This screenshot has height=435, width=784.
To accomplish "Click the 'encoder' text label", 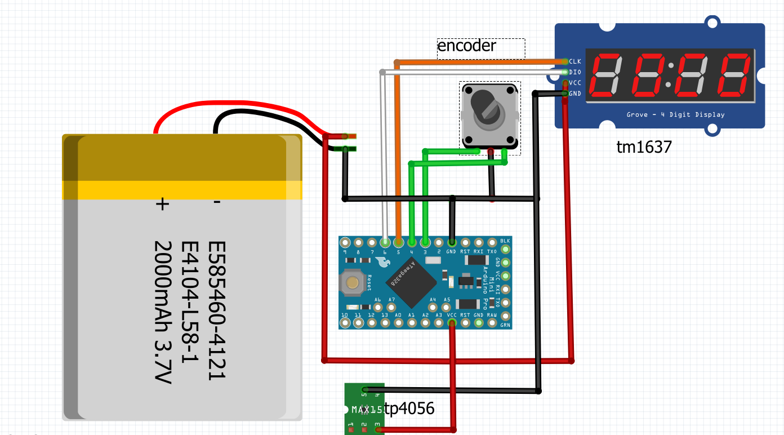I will click(x=467, y=46).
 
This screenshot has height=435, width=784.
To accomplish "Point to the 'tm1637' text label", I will click(x=644, y=148).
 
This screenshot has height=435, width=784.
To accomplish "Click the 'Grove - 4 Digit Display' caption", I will click(x=675, y=115).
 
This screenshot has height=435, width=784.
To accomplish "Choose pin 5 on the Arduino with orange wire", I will click(x=398, y=243).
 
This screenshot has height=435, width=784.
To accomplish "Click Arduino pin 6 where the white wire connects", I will click(x=385, y=243).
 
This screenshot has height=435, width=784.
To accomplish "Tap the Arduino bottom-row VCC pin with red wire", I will click(x=452, y=323).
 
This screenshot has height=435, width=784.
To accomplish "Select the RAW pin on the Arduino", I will click(x=492, y=323).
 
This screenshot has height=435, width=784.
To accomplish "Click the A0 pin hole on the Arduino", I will click(x=398, y=323).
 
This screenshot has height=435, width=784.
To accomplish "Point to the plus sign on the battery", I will click(x=162, y=203).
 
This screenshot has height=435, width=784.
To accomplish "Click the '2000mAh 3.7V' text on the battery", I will click(x=162, y=313).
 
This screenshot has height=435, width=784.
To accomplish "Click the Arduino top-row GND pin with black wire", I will click(x=452, y=243).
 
